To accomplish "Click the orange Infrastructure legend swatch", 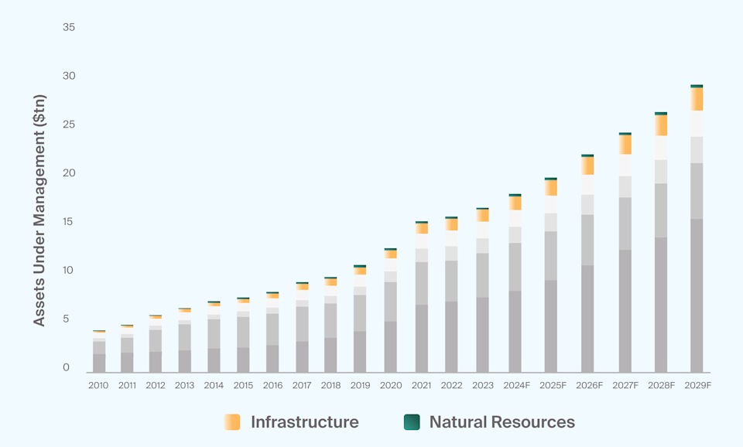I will pos(231,421).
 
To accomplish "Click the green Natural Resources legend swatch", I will pos(412,421).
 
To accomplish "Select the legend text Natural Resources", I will pos(502,422).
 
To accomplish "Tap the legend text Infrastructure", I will pos(304,422).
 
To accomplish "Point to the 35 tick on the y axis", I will pos(68,27).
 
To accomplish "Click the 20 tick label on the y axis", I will pos(68,173).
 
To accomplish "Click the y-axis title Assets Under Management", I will pos(39,210).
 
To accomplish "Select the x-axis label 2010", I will pos(98,385).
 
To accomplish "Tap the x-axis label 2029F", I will pos(697,385).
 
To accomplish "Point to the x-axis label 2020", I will pos(391,385).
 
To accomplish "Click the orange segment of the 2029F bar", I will pos(697,99).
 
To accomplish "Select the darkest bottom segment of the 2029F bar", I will pos(697,295).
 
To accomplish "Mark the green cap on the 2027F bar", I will pos(625,134).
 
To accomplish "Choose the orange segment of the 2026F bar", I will pos(588,165).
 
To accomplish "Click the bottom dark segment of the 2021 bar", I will pos(422,339).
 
